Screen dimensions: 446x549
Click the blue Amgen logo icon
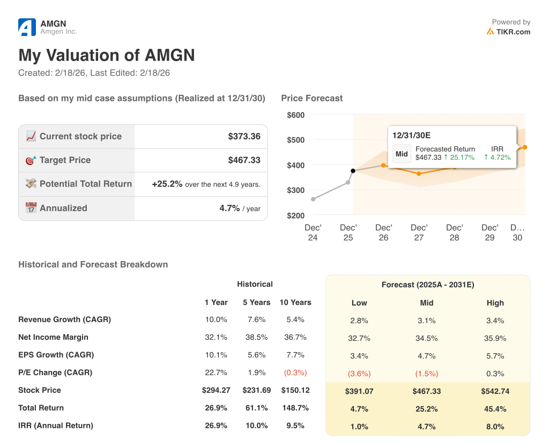click(x=27, y=27)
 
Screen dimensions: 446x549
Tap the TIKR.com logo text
click(x=513, y=32)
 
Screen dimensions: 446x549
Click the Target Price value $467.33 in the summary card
click(x=244, y=160)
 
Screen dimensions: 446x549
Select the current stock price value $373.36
click(x=244, y=137)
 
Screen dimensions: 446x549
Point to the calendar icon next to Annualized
click(x=31, y=208)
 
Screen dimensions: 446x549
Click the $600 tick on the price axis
click(x=295, y=115)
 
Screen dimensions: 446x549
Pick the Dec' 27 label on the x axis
click(x=419, y=233)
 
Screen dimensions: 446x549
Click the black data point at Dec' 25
click(x=353, y=171)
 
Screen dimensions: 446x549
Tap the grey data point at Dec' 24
click(x=313, y=199)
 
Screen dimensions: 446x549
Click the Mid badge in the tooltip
click(x=402, y=154)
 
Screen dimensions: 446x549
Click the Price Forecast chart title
click(x=311, y=98)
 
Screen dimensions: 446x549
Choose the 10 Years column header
click(x=295, y=302)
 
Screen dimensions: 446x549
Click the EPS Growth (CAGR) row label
click(x=56, y=355)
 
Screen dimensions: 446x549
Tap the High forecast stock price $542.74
click(x=495, y=391)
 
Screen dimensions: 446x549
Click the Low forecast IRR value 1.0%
click(x=359, y=427)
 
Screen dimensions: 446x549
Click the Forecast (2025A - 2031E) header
click(x=427, y=285)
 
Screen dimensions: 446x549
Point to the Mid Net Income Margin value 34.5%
click(x=426, y=338)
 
